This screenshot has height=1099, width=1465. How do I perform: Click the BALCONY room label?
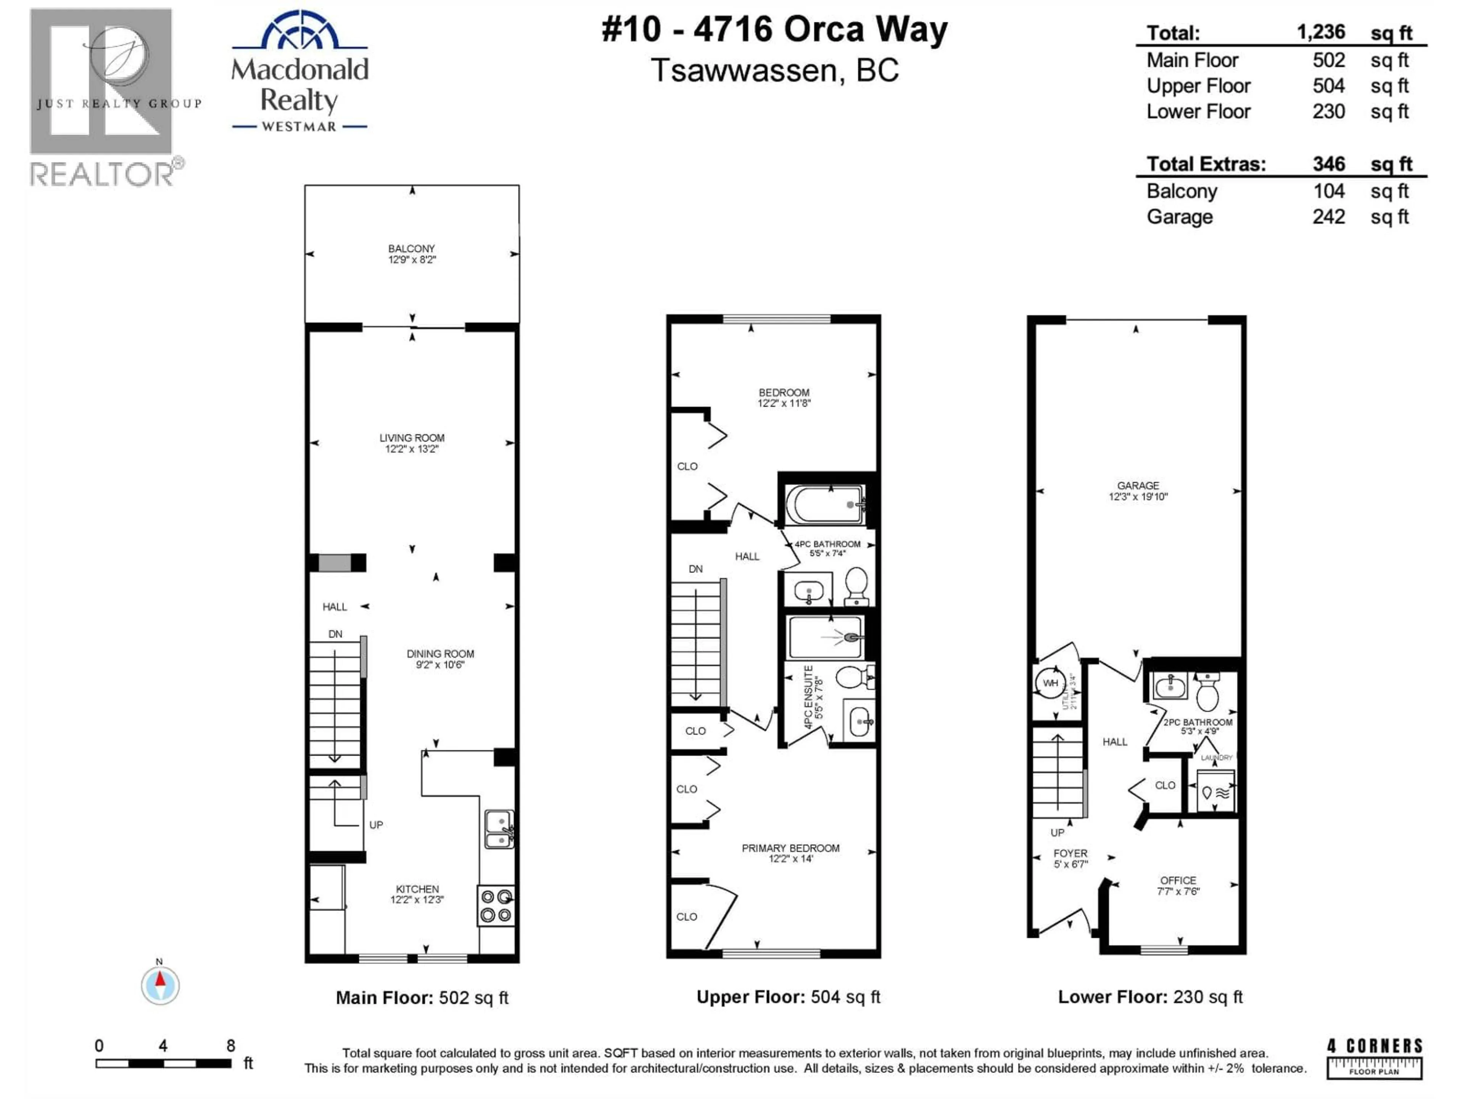coord(411,248)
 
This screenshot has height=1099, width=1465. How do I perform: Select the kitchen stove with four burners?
coord(496,906)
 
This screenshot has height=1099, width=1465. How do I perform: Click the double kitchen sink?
coord(499,829)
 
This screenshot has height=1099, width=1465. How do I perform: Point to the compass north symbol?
coord(159,985)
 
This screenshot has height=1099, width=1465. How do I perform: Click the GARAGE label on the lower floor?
coord(1138,485)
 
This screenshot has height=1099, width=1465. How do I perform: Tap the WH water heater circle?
coord(1050,683)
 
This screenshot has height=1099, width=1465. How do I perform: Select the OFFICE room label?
coord(1178,880)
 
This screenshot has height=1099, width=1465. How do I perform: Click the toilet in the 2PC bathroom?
coord(1207,692)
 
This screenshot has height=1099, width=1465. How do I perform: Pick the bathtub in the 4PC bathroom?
coord(824,505)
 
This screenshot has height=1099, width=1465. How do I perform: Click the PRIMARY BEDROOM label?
coord(790,848)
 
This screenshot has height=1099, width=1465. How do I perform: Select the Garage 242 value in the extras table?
coord(1328,217)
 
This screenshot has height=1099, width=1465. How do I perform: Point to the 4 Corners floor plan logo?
coord(1374,1058)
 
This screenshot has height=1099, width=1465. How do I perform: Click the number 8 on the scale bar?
coord(230,1045)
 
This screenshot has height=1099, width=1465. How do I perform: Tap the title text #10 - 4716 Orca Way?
coord(774,30)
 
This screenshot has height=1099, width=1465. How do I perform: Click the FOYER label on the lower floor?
coord(1070,853)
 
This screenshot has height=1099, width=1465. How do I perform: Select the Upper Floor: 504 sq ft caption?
coord(788,997)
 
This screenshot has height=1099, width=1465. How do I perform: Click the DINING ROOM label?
coord(440,654)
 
